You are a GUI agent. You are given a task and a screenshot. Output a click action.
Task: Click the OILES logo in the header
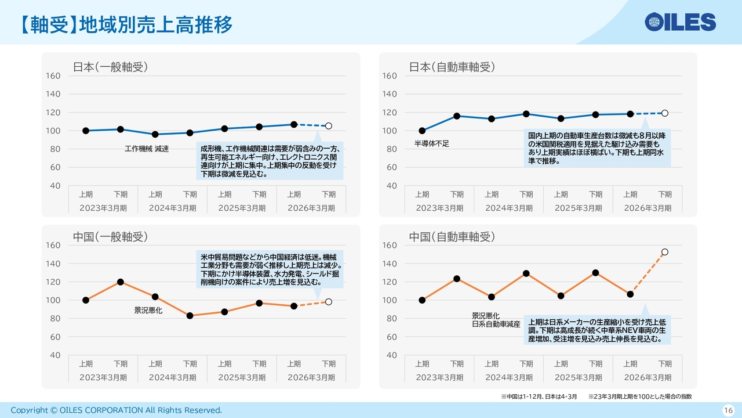click(x=681, y=22)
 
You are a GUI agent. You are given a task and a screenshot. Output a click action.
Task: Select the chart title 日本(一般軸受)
click(x=110, y=67)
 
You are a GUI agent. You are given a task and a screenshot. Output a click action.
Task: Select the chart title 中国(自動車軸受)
click(x=452, y=236)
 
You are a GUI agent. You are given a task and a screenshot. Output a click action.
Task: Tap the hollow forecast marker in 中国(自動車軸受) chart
click(x=665, y=252)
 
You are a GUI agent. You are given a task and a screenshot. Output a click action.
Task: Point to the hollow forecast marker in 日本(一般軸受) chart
click(x=329, y=126)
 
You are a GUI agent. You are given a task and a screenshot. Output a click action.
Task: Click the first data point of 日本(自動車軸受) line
click(x=422, y=131)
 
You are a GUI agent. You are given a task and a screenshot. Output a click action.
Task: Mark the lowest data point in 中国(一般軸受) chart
click(x=190, y=316)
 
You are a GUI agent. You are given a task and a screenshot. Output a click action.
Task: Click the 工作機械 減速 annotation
click(x=147, y=149)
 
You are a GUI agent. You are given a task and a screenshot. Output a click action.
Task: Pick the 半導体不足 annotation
click(x=432, y=143)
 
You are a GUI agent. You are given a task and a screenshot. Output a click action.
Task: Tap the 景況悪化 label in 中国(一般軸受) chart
click(x=148, y=311)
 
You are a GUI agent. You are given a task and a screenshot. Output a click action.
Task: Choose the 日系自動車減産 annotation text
click(x=496, y=325)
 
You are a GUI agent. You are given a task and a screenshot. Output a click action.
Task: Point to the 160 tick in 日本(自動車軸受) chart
click(x=390, y=76)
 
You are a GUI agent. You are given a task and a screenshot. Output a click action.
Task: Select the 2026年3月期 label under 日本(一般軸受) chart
click(x=311, y=208)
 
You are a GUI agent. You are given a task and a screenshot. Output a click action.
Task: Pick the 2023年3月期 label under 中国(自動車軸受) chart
click(x=439, y=377)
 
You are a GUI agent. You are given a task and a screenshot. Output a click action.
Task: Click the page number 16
click(x=728, y=410)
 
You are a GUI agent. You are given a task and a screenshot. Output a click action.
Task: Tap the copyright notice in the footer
click(x=116, y=410)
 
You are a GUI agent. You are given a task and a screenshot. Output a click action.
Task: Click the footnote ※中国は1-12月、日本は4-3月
click(x=539, y=397)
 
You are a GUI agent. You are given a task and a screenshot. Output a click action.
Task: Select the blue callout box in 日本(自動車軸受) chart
click(x=597, y=148)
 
